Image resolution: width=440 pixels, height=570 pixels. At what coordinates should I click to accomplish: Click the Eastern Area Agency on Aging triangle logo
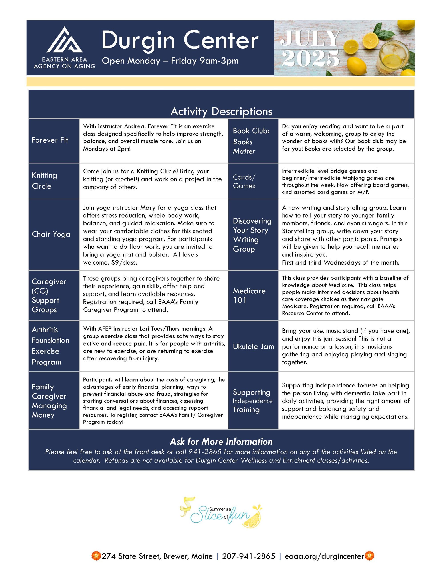pyautogui.click(x=65, y=40)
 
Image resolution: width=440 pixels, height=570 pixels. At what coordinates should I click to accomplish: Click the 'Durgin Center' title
pyautogui.click(x=180, y=41)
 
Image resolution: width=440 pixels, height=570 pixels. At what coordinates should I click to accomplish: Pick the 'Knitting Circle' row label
pyautogui.click(x=44, y=181)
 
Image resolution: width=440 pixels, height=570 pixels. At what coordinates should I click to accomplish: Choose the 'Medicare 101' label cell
pyautogui.click(x=249, y=295)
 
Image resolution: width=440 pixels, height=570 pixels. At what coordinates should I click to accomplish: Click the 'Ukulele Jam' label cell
pyautogui.click(x=253, y=347)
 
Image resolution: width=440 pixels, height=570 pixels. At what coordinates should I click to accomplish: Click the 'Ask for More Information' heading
pyautogui.click(x=221, y=441)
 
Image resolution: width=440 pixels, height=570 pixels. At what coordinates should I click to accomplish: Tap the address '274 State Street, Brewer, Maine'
pyautogui.click(x=157, y=556)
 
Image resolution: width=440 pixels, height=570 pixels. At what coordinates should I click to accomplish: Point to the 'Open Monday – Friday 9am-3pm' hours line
pyautogui.click(x=170, y=61)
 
